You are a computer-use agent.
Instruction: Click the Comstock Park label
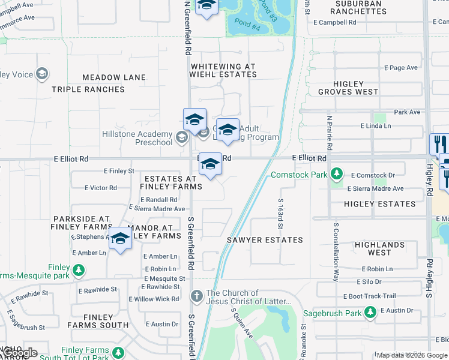[299, 175]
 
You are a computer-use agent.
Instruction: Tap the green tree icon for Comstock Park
[337, 175]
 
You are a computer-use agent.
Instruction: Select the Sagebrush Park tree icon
[370, 313]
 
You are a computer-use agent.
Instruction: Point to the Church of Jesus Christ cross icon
[196, 296]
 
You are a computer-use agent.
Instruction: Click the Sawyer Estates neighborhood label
[265, 240]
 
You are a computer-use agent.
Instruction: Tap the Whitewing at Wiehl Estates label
[223, 71]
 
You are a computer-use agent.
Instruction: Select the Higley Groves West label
[348, 88]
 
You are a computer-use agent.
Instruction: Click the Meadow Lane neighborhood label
[114, 77]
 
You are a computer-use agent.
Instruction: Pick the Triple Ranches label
[88, 89]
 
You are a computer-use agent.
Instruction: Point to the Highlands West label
[379, 248]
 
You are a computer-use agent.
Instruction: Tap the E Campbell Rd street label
[335, 22]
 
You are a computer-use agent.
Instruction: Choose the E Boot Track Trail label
[370, 296]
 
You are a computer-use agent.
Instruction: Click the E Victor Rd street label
[101, 188]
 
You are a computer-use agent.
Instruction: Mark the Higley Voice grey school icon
[42, 74]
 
